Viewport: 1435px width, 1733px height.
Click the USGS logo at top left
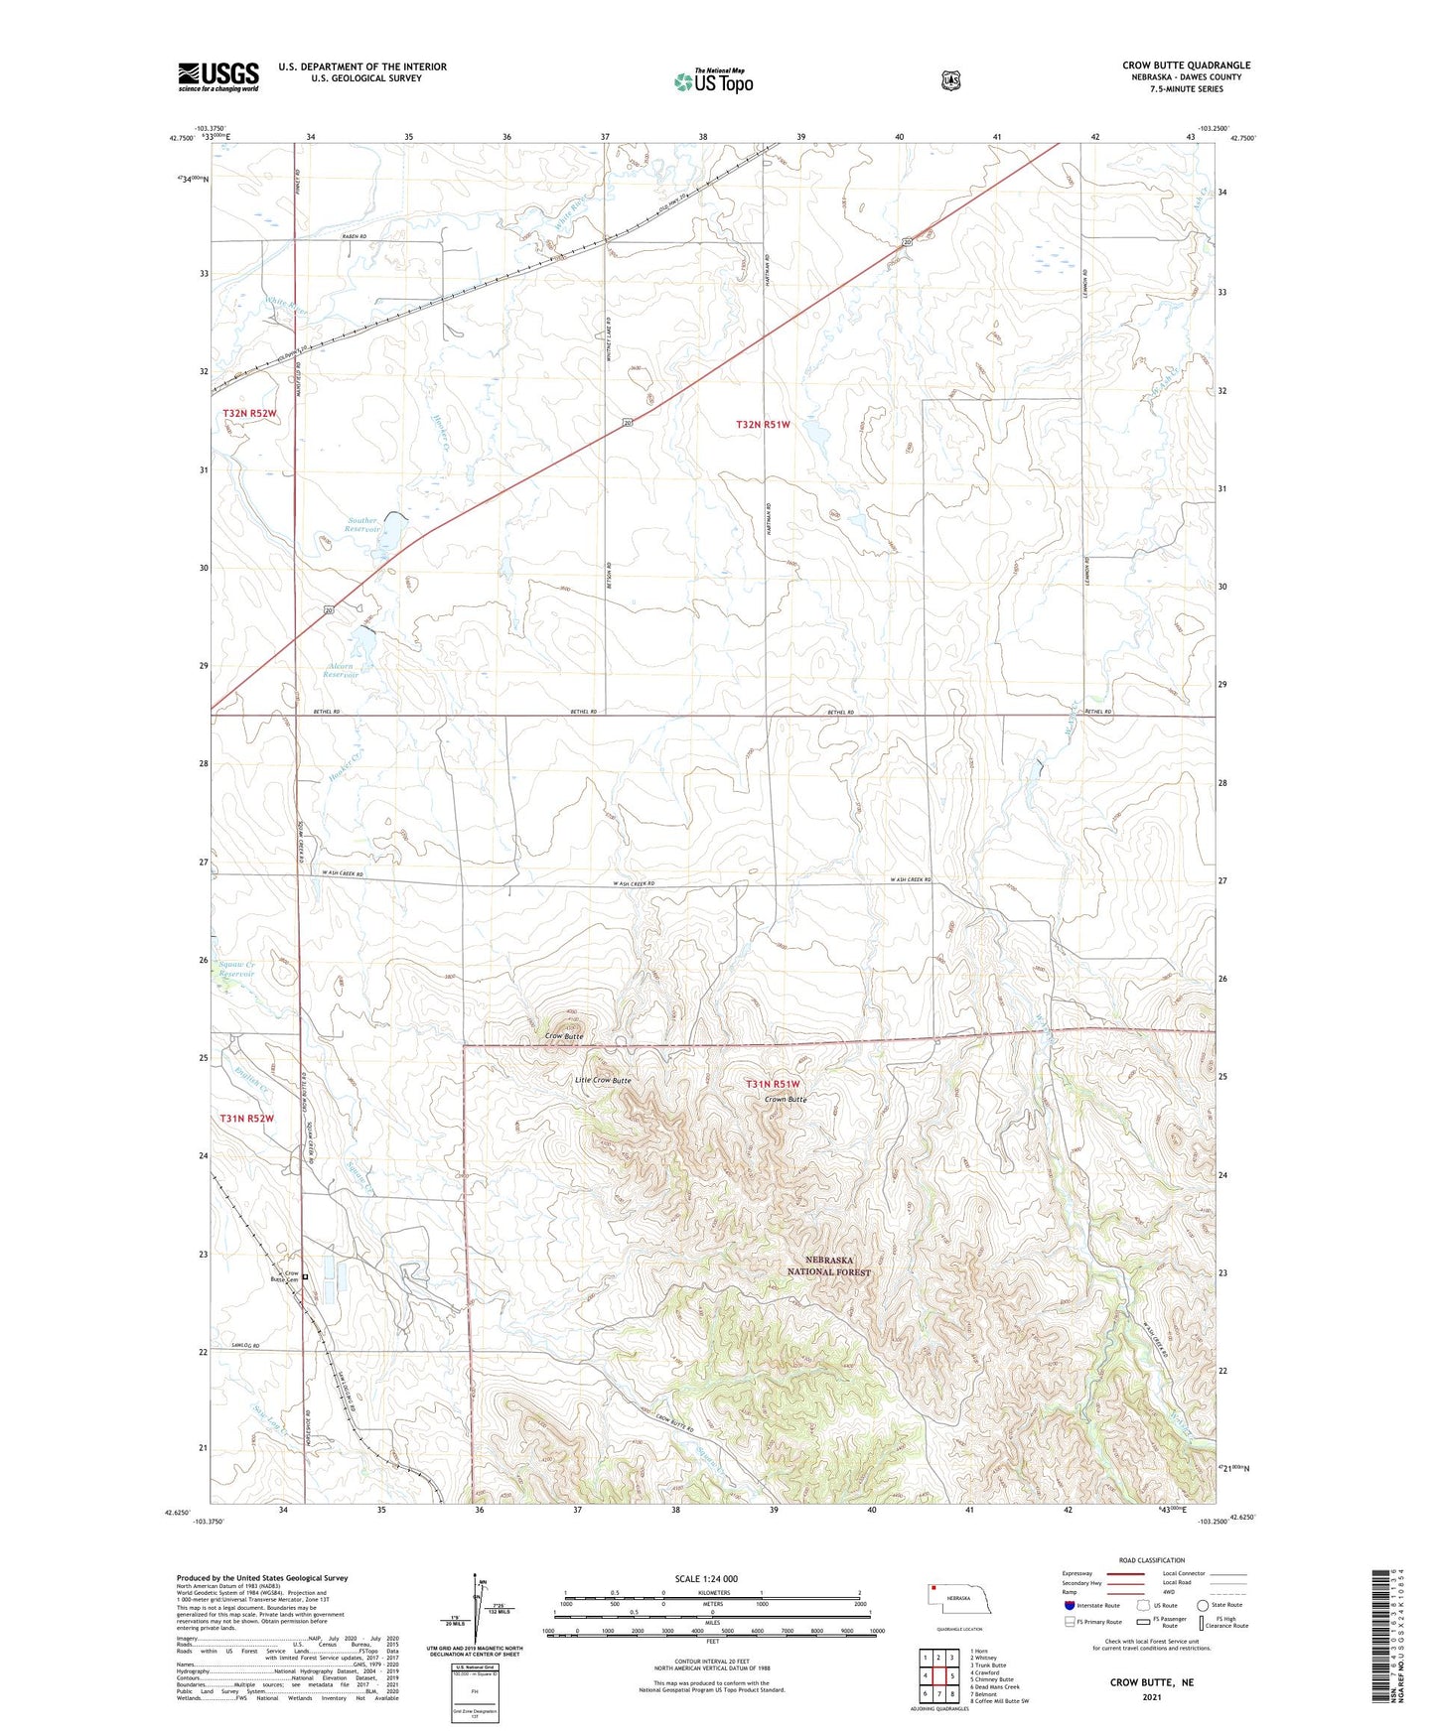[x=218, y=76]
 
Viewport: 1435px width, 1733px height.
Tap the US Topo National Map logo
[x=713, y=80]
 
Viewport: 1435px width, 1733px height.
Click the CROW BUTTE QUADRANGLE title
[x=1186, y=66]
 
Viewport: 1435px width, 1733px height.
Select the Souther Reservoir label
[x=362, y=525]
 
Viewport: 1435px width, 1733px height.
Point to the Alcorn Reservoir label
[x=341, y=670]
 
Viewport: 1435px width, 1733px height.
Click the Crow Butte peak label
[x=564, y=1036]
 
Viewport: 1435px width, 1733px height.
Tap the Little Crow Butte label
[x=603, y=1080]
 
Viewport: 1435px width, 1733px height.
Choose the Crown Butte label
[x=785, y=1100]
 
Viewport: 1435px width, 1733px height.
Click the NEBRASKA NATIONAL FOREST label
[x=829, y=1266]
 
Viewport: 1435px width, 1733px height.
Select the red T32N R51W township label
[x=763, y=425]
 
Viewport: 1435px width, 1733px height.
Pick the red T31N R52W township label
[x=246, y=1119]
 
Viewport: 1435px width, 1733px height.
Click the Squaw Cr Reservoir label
[x=236, y=969]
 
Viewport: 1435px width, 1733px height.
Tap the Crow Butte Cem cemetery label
[x=285, y=1276]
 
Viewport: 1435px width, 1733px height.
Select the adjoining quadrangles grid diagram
[x=938, y=1675]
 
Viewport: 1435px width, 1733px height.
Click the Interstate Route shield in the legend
[x=1070, y=1605]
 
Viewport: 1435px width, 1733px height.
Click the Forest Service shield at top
[x=951, y=80]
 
